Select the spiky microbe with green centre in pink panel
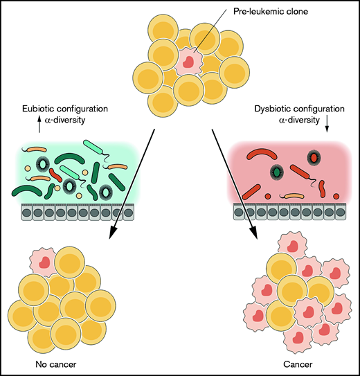point(278,170)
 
